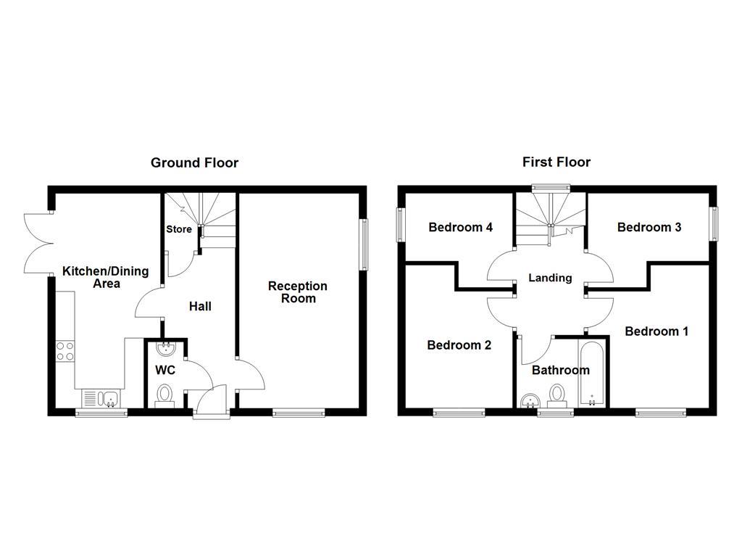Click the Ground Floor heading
pyautogui.click(x=194, y=162)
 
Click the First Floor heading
pyautogui.click(x=556, y=162)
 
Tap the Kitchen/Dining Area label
pyautogui.click(x=105, y=277)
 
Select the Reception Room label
pyautogui.click(x=298, y=292)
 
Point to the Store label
pyautogui.click(x=179, y=229)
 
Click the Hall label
pyautogui.click(x=200, y=306)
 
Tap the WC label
pyautogui.click(x=166, y=369)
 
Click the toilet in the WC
pyautogui.click(x=165, y=395)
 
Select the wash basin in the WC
pyautogui.click(x=166, y=350)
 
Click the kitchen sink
pyautogui.click(x=101, y=397)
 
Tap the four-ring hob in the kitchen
pyautogui.click(x=65, y=351)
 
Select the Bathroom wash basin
pyautogui.click(x=529, y=400)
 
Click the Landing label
pyautogui.click(x=550, y=278)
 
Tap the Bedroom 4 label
pyautogui.click(x=461, y=227)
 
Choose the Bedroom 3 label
pyautogui.click(x=649, y=227)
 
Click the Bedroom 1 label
pyautogui.click(x=656, y=331)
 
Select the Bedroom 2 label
pyautogui.click(x=459, y=344)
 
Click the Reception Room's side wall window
pyautogui.click(x=364, y=244)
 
